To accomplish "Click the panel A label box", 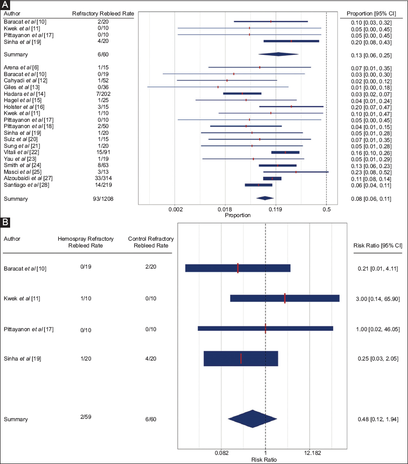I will click(x=5, y=4).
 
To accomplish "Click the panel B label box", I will click(x=5, y=222).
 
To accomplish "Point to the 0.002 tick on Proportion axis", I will click(x=175, y=209).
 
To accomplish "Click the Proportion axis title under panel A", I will click(x=237, y=215).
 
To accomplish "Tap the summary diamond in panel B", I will click(x=251, y=419).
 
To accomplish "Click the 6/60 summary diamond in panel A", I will click(x=278, y=54).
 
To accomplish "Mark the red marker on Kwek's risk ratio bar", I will click(x=285, y=298).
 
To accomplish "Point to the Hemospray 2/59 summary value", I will click(x=86, y=416).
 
